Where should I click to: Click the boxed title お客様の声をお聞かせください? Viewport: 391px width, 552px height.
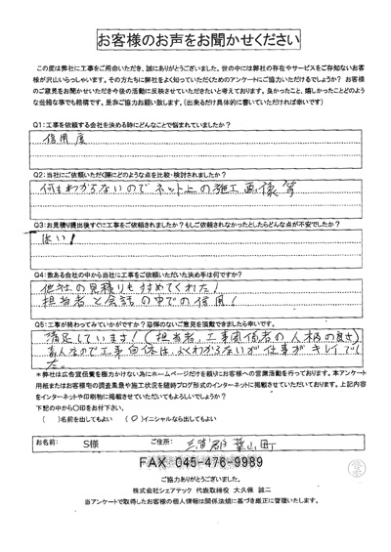click(x=195, y=39)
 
